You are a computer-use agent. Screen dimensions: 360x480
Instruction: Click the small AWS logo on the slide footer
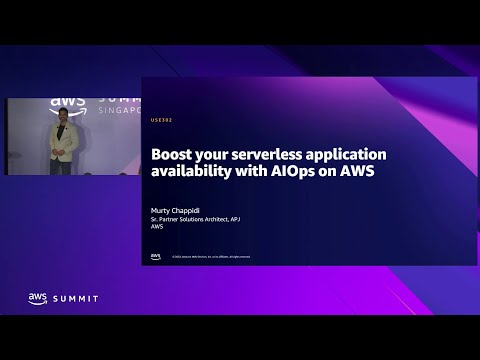[x=155, y=256]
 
